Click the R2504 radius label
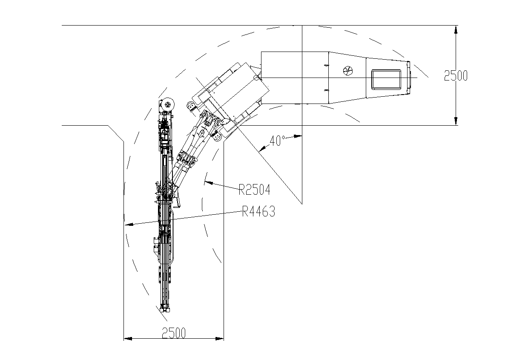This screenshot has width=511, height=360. pos(254,190)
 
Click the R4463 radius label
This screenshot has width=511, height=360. pos(258,211)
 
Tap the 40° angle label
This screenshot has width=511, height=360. pos(277,141)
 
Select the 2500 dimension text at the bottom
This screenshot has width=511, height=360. pos(174,333)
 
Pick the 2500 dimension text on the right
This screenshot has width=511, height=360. pos(456,75)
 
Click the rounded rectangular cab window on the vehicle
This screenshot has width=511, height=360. pos(386,80)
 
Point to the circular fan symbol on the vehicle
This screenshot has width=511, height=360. pos(348,71)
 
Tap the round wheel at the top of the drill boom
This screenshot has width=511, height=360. pos(168,105)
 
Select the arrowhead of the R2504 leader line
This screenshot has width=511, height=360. pos(209,183)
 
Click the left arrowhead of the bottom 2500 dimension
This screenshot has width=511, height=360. pos(128,339)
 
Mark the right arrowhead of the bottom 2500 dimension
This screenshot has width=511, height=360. pos(219,339)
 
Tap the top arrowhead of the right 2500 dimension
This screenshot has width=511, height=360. pos(456,29)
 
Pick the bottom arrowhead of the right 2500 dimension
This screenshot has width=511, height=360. pos(456,121)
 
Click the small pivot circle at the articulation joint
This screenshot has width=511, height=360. pos(256,78)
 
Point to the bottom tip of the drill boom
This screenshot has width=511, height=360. pos(165,311)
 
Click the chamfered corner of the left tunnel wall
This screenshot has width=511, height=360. pos(116,133)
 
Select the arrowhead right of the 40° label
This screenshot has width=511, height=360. pos(298,136)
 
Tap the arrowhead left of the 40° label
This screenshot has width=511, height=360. pos(263,148)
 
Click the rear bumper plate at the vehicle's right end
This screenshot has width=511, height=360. pos(409,78)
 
